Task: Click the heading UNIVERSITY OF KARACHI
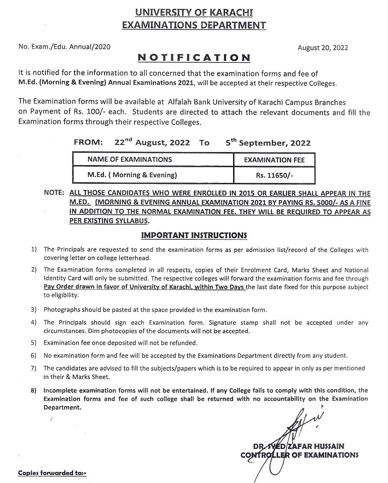coord(194,12)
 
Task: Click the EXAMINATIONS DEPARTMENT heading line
coord(194,25)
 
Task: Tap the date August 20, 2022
coord(323,48)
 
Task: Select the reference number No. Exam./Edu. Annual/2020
coord(64,47)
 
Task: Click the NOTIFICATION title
coord(194,57)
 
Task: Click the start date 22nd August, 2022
coord(152,143)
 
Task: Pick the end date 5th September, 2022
coord(268,143)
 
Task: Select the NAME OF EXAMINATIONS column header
coord(129,159)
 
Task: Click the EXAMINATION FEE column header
coord(274,160)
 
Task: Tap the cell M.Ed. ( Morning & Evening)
coord(132,175)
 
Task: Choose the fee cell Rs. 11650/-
coord(274,175)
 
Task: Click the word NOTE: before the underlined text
coord(54,193)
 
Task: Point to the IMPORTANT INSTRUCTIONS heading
coord(194,235)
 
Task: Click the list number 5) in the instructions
coord(34,343)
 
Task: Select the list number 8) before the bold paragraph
coord(34,391)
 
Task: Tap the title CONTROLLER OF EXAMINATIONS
coord(299,455)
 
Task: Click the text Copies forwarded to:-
coord(52,473)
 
